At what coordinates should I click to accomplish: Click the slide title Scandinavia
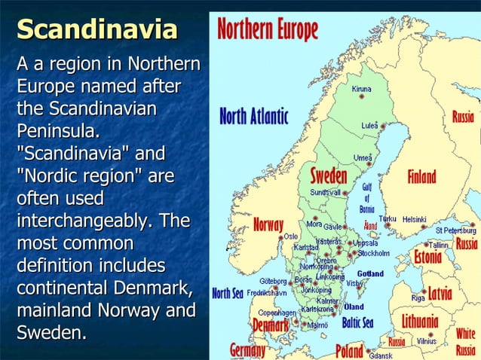pyautogui.click(x=97, y=29)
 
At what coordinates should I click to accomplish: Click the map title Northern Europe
pyautogui.click(x=268, y=29)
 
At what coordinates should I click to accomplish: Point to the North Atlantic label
pyautogui.click(x=253, y=117)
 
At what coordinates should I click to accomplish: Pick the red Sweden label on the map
pyautogui.click(x=329, y=176)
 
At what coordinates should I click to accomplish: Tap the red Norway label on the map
pyautogui.click(x=268, y=224)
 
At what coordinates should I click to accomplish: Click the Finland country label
pyautogui.click(x=422, y=177)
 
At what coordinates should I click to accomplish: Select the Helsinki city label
pyautogui.click(x=414, y=219)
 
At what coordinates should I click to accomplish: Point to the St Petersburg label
pyautogui.click(x=455, y=229)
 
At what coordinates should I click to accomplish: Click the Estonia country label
pyautogui.click(x=427, y=258)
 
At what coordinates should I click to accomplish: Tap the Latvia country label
pyautogui.click(x=440, y=293)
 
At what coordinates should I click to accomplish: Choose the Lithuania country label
pyautogui.click(x=420, y=322)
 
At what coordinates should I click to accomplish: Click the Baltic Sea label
pyautogui.click(x=358, y=323)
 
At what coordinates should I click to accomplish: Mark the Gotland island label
pyautogui.click(x=369, y=273)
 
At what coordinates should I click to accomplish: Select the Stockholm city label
pyautogui.click(x=373, y=253)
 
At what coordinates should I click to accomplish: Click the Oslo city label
pyautogui.click(x=290, y=236)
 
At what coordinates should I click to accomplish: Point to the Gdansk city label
pyautogui.click(x=381, y=355)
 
